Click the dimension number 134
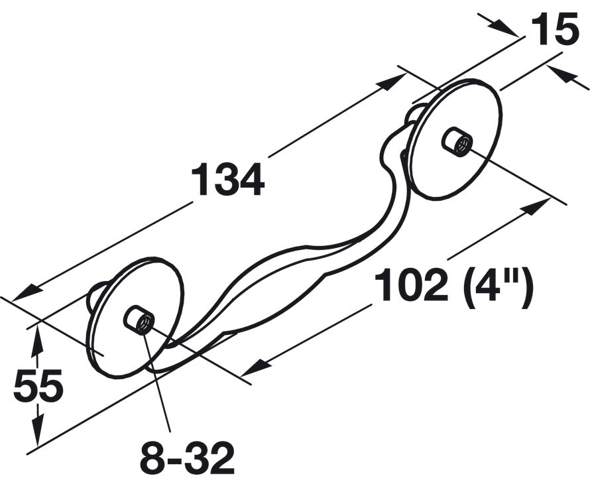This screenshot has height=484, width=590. (228, 180)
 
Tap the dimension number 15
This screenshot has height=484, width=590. (554, 29)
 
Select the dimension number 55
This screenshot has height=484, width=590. (38, 385)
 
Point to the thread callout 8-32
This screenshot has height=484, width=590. (188, 458)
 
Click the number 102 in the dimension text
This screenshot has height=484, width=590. (411, 284)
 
